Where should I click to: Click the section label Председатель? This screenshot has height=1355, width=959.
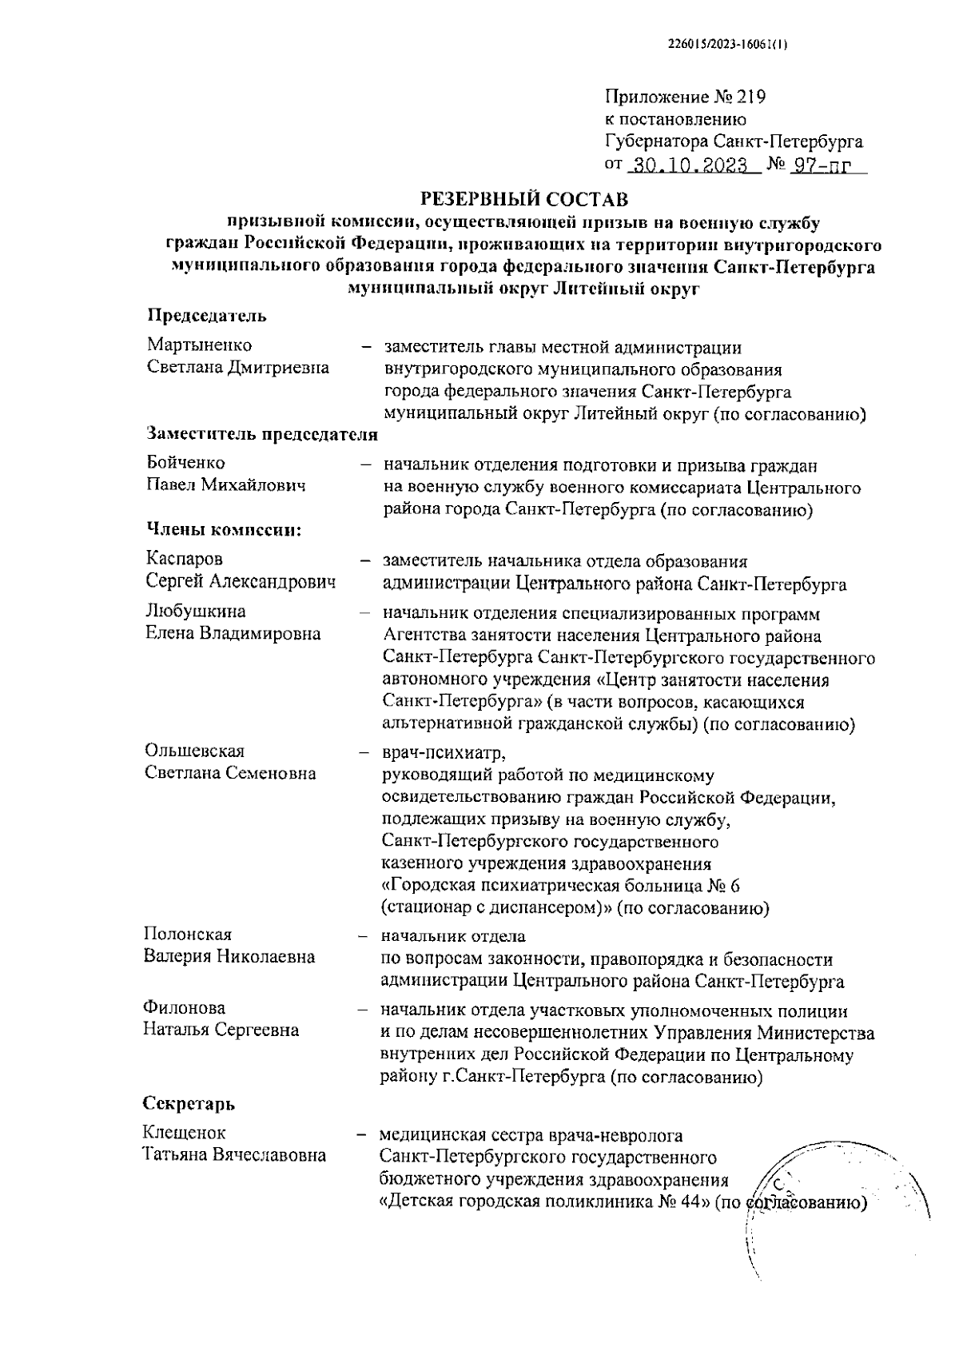pyautogui.click(x=207, y=315)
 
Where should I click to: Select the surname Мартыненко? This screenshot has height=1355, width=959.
pyautogui.click(x=199, y=345)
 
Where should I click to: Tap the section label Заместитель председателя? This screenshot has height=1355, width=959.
pyautogui.click(x=262, y=434)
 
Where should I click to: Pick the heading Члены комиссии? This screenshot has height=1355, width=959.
pyautogui.click(x=223, y=528)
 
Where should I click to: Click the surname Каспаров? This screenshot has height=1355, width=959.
pyautogui.click(x=185, y=559)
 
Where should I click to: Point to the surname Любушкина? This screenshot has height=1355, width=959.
pyautogui.click(x=195, y=612)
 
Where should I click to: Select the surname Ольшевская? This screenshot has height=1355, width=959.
pyautogui.click(x=194, y=751)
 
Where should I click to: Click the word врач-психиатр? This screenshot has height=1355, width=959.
pyautogui.click(x=444, y=753)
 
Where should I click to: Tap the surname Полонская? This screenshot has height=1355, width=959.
pyautogui.click(x=188, y=935)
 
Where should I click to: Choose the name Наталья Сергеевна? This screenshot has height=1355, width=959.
pyautogui.click(x=221, y=1030)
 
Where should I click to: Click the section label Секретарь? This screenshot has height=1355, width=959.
pyautogui.click(x=189, y=1104)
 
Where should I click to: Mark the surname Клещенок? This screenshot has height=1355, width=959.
pyautogui.click(x=184, y=1133)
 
